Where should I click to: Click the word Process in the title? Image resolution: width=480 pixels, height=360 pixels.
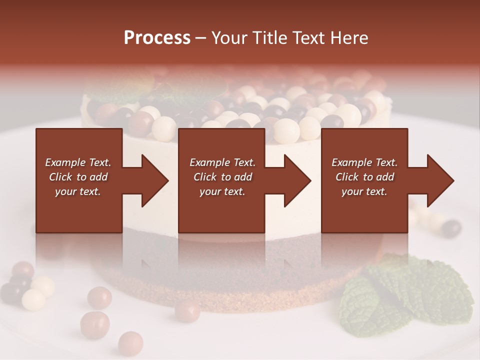coord(157,38)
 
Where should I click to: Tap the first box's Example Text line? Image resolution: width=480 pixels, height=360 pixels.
coord(78,162)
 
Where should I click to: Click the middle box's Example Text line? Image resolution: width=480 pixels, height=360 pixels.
coord(222,162)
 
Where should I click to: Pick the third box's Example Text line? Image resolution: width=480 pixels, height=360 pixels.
coord(364,162)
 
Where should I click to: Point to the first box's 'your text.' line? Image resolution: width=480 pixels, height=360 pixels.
coord(78,191)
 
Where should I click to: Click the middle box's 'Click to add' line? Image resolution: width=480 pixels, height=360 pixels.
coord(222,177)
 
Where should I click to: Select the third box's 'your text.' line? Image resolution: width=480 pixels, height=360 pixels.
coord(364,191)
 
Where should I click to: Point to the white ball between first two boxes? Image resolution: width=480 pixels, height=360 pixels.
coord(164,129)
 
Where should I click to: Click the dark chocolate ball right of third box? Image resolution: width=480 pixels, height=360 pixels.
coord(451,228)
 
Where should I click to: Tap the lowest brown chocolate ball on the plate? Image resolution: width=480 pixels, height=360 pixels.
coord(130,343)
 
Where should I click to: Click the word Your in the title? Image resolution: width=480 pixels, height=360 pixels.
coord(228,38)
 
